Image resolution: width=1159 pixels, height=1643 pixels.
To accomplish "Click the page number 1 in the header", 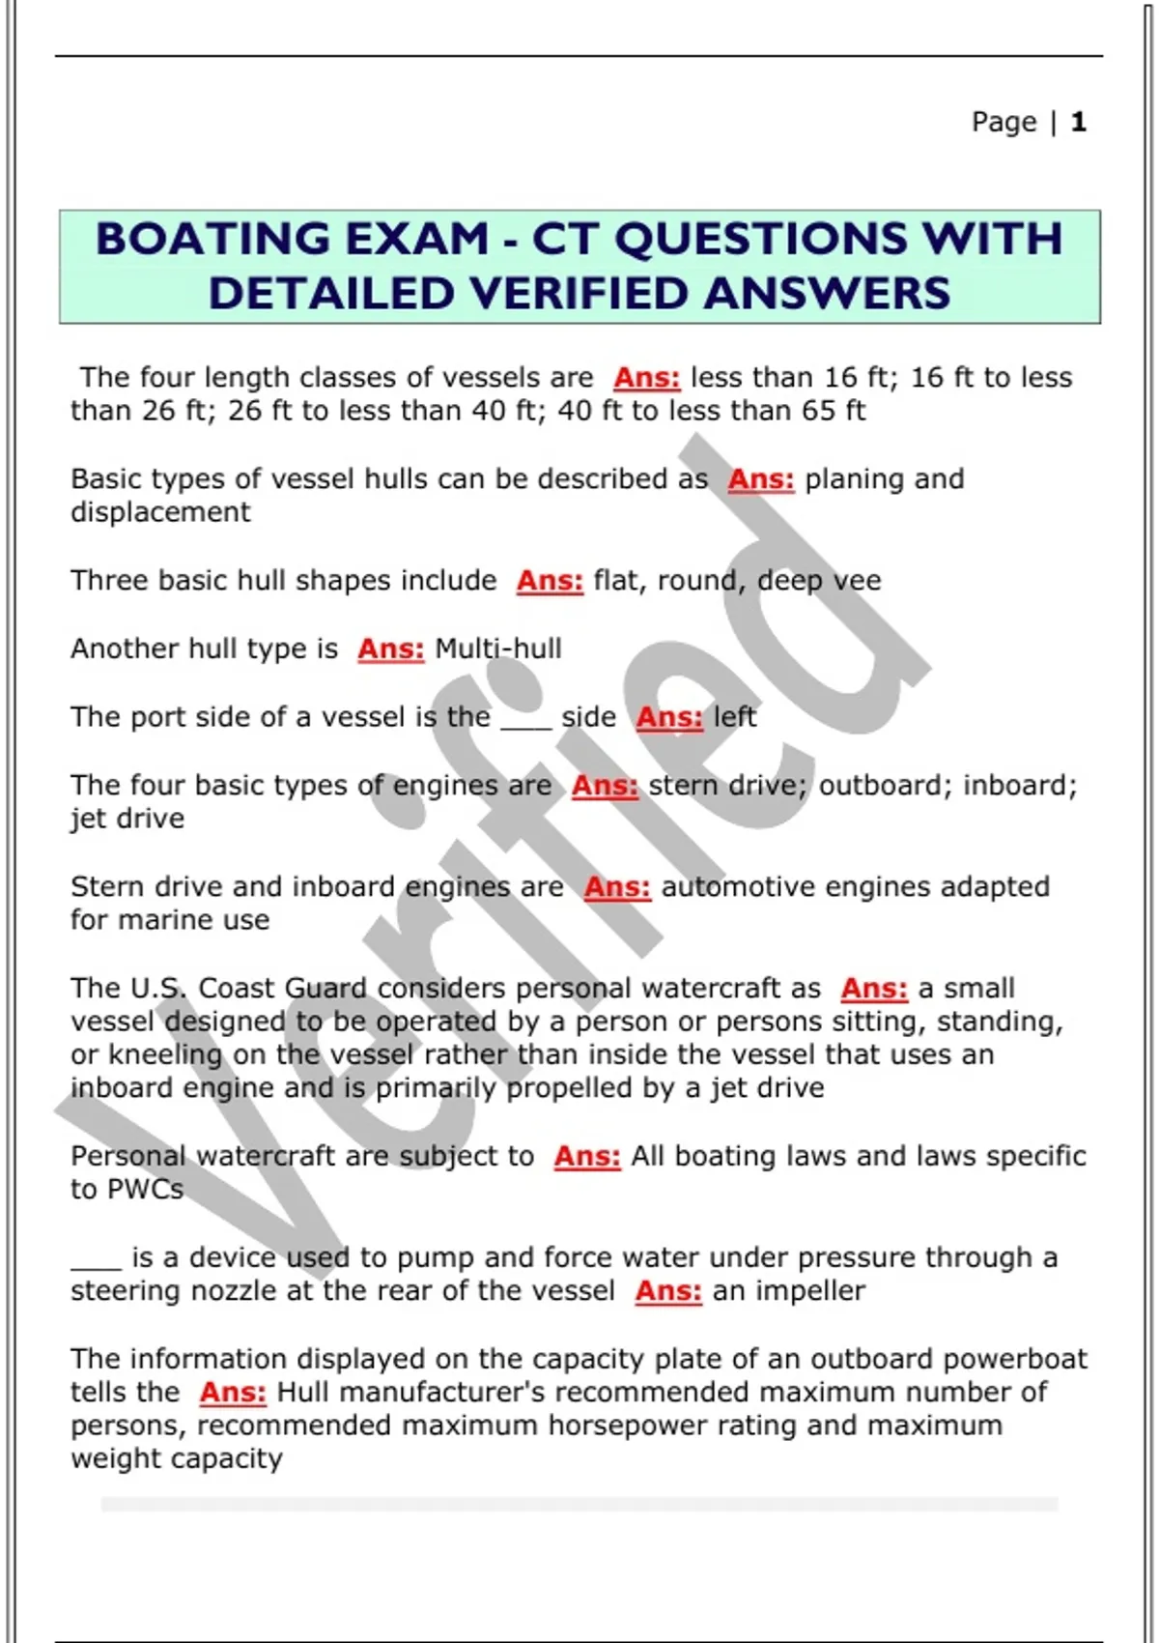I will click(1079, 122).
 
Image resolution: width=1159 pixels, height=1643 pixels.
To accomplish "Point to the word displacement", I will click(160, 512).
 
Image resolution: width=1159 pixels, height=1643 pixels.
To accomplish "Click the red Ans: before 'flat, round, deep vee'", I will click(550, 581).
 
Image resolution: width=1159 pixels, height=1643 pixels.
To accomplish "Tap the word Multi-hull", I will click(498, 649).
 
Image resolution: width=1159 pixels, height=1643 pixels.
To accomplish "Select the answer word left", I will click(734, 717).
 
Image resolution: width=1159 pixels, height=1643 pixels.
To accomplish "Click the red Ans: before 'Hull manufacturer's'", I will click(233, 1393).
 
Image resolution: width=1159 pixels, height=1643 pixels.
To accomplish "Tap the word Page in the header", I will click(1004, 122).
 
